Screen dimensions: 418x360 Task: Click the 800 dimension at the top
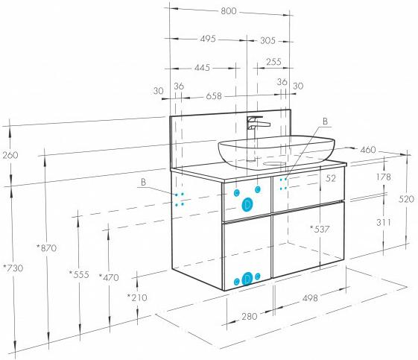(x=229, y=11)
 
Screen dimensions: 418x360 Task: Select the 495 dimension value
(x=208, y=39)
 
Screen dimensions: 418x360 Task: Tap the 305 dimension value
(x=267, y=40)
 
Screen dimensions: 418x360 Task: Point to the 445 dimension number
(x=202, y=68)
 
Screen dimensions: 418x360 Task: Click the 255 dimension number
(x=273, y=62)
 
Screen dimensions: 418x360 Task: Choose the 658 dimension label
(x=214, y=96)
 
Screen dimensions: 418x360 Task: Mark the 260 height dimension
(x=10, y=155)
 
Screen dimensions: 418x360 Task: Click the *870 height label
(x=47, y=248)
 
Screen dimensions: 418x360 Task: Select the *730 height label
(x=13, y=268)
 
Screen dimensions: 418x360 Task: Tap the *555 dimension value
(x=79, y=274)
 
